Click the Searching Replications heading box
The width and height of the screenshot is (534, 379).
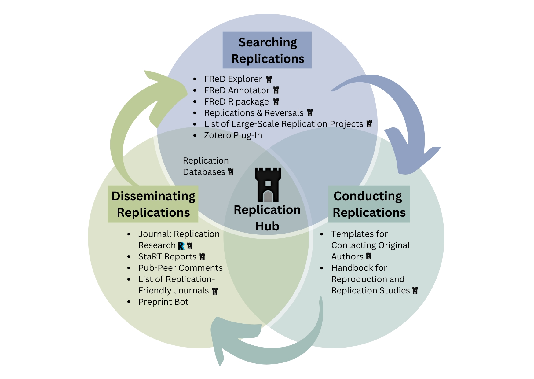click(x=267, y=50)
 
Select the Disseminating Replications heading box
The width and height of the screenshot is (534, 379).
click(x=153, y=204)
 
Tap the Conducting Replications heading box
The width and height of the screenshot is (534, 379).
click(x=369, y=204)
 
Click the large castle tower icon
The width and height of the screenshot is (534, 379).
click(x=268, y=185)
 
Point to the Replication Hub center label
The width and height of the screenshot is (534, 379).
click(x=267, y=218)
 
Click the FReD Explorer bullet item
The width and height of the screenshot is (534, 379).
click(x=233, y=79)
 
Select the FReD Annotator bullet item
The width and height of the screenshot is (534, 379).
click(x=237, y=90)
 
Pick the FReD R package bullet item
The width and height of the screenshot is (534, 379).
click(x=236, y=102)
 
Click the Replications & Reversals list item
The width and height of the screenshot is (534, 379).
click(x=254, y=113)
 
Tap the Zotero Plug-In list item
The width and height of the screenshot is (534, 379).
click(x=233, y=135)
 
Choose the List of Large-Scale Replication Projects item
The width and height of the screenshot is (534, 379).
click(x=283, y=124)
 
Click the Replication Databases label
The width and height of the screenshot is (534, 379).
click(x=206, y=166)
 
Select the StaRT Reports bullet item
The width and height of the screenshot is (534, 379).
click(x=167, y=257)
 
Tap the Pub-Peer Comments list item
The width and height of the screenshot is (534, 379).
click(x=180, y=268)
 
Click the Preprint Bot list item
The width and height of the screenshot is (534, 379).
click(x=163, y=302)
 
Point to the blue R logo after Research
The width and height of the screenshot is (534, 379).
click(x=181, y=246)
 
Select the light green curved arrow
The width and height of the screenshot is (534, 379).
click(x=128, y=128)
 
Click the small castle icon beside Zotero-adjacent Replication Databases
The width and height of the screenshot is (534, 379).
click(x=231, y=172)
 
